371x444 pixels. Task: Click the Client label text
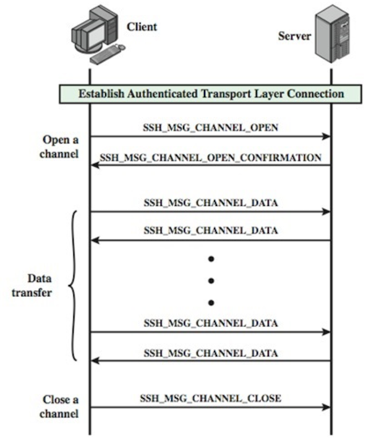(142, 27)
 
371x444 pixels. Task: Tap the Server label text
(294, 36)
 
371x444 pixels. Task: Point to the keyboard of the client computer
(105, 58)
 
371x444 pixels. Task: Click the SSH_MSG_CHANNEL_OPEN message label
(210, 128)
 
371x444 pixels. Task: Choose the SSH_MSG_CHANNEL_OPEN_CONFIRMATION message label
(210, 158)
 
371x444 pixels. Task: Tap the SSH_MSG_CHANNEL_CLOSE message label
(210, 399)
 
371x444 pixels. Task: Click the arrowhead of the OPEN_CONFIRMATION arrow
(95, 166)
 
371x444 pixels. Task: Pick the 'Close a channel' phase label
(61, 406)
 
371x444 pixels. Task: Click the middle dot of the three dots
(211, 281)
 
